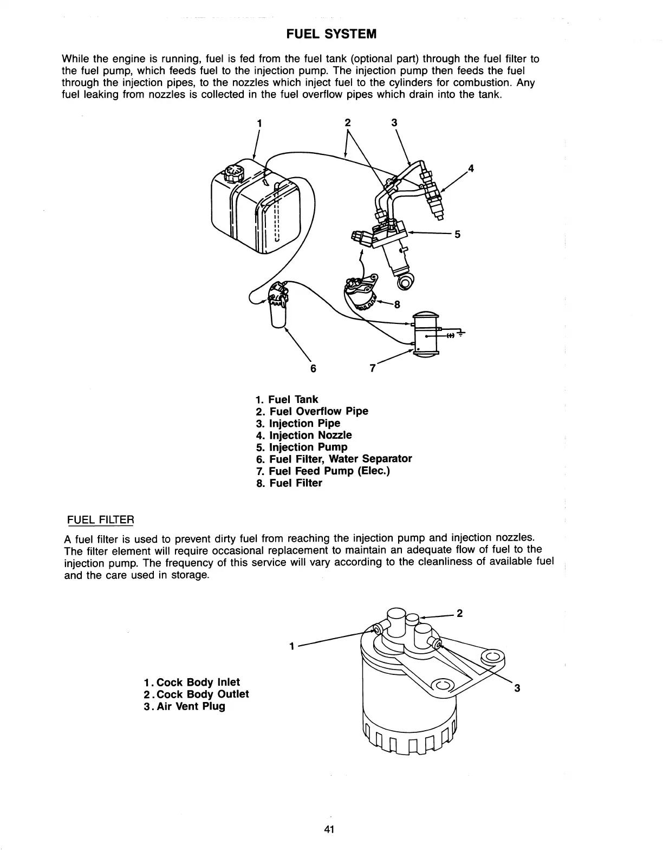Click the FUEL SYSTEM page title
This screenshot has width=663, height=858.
tap(331, 34)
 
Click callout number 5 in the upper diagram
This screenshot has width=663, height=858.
tap(457, 235)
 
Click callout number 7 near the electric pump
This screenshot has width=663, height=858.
tap(373, 368)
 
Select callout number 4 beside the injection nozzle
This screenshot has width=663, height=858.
tap(471, 168)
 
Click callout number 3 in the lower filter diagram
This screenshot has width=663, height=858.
tap(517, 688)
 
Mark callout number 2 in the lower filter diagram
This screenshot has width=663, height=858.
tap(459, 614)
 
